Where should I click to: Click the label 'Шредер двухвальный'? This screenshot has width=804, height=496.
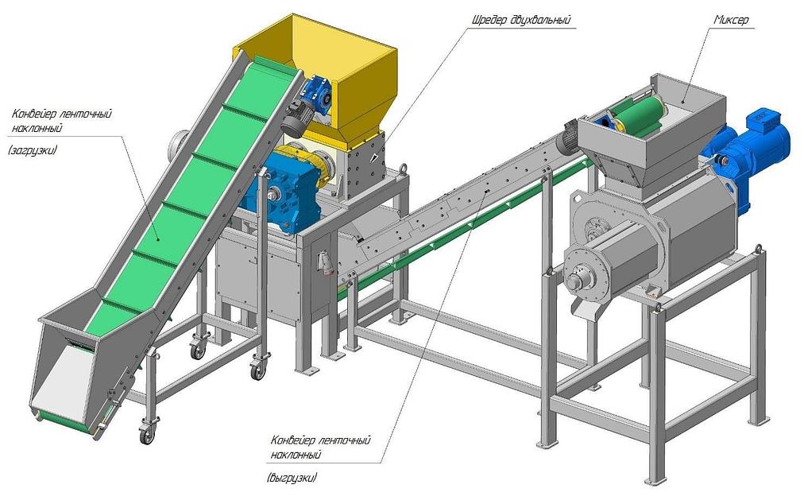520,21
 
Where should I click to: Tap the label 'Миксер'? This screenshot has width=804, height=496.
732,20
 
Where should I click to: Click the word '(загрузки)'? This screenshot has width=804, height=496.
33,151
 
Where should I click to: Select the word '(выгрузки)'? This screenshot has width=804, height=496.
292,478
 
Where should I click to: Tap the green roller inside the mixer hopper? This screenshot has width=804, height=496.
639,114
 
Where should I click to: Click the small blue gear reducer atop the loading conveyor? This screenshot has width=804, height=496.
316,92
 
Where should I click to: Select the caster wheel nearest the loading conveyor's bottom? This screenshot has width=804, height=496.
147,435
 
